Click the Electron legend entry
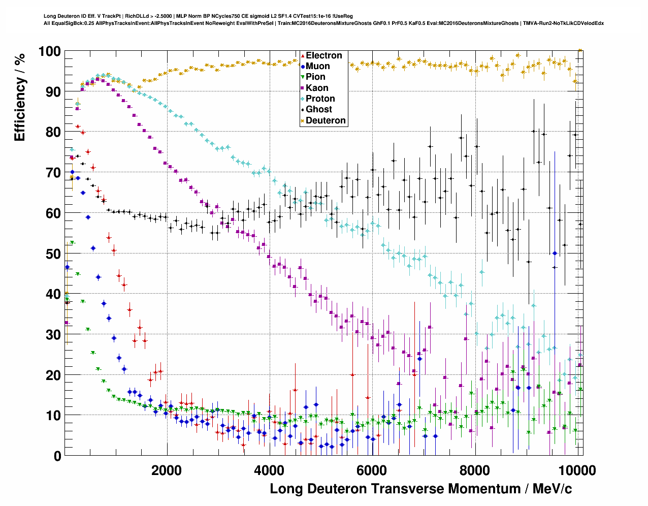[323, 55]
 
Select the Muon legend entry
[317, 66]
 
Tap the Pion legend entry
[315, 77]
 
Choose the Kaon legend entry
[317, 88]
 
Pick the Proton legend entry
[320, 99]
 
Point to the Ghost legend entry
[318, 109]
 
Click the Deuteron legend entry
[325, 120]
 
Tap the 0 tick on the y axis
[57, 456]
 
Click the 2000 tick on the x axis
[166, 470]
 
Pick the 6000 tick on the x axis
[372, 470]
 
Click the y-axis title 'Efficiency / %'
[20, 97]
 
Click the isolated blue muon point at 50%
[555, 253]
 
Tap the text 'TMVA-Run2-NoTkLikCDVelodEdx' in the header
[563, 23]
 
